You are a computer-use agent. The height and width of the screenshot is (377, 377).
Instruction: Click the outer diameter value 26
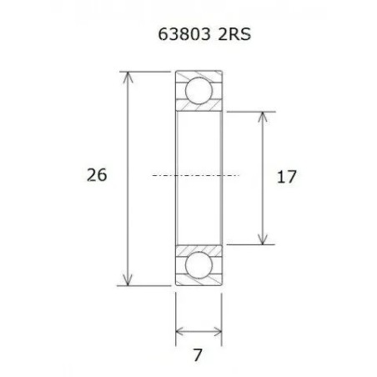97,175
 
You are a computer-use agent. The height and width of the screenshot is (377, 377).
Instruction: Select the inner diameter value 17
286,177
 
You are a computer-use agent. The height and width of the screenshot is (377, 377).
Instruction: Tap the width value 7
198,356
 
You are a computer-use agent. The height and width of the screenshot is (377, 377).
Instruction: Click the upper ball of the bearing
199,89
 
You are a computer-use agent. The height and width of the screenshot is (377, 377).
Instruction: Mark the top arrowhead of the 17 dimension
264,115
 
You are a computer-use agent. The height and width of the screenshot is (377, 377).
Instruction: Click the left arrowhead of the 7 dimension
179,332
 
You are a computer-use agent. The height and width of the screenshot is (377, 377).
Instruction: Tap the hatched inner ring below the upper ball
199,109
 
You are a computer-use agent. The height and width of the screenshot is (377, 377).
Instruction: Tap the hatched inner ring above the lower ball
199,247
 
